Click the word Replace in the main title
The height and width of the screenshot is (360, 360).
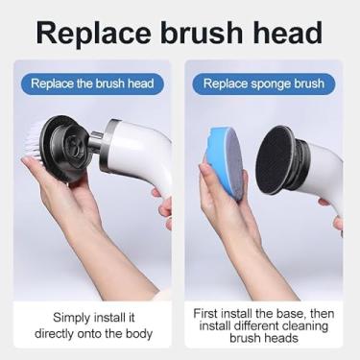94,34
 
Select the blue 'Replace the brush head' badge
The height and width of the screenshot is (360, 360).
92,84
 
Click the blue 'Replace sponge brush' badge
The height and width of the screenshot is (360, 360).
264,84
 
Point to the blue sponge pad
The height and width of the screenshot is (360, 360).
224,160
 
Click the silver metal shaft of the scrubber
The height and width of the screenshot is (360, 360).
94,141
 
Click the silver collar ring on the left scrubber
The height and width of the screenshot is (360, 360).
108,147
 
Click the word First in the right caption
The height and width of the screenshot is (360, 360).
205,313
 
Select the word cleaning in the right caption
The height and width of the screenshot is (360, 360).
304,326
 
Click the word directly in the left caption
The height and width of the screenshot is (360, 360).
54,333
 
